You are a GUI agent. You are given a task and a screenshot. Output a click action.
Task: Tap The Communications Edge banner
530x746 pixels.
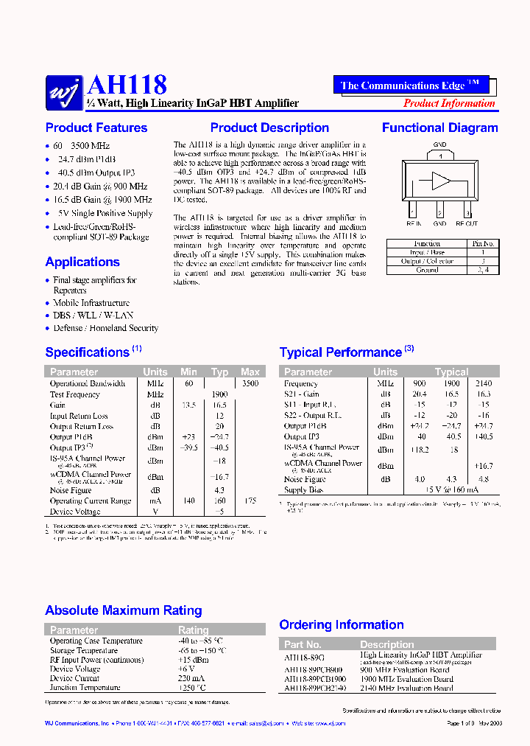(x=410, y=85)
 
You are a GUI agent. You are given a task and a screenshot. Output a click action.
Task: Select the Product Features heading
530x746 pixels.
(x=96, y=128)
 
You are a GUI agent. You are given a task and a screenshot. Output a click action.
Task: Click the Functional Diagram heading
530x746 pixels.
(x=439, y=128)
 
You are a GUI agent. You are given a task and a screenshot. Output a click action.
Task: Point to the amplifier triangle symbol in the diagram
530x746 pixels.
(x=441, y=181)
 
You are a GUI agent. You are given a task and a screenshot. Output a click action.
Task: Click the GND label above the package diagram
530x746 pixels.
(x=439, y=144)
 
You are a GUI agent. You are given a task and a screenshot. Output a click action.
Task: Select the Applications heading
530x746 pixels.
(x=82, y=262)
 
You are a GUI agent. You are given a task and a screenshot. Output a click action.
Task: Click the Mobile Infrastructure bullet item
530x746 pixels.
(x=91, y=303)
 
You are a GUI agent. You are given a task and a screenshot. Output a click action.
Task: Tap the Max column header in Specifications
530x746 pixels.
(x=250, y=372)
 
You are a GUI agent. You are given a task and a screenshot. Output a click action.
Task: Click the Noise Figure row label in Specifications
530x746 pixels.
(x=71, y=490)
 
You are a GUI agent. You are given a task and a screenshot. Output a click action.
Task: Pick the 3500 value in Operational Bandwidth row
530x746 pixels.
(x=250, y=383)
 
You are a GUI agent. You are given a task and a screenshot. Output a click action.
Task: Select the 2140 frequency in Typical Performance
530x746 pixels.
(x=483, y=383)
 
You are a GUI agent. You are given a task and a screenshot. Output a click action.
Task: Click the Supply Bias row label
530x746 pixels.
(x=305, y=490)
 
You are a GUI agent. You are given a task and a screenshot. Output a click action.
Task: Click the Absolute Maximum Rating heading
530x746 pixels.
(x=123, y=610)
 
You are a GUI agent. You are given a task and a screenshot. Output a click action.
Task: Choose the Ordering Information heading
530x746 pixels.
(x=342, y=625)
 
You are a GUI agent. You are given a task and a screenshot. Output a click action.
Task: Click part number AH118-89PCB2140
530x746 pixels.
(x=315, y=688)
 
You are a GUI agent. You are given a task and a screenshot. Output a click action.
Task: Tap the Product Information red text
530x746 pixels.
(x=448, y=103)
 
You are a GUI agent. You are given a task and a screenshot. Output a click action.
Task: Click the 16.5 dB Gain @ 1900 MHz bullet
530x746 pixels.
(x=102, y=200)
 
